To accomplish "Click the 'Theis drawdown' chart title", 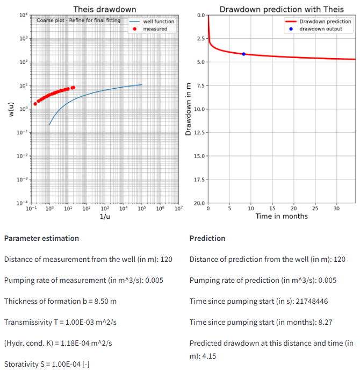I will click(105, 9).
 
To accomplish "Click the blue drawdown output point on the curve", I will click(243, 54).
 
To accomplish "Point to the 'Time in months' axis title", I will click(282, 216).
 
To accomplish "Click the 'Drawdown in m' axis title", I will click(188, 109).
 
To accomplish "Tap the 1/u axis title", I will click(105, 216).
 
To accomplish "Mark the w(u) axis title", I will click(10, 109).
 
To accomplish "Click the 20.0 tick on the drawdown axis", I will click(199, 203).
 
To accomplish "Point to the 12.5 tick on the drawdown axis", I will click(199, 132).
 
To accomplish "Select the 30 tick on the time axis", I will click(336, 209).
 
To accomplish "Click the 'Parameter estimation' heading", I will click(41, 238).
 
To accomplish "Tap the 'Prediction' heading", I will click(207, 238).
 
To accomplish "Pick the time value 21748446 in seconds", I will click(295, 301).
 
